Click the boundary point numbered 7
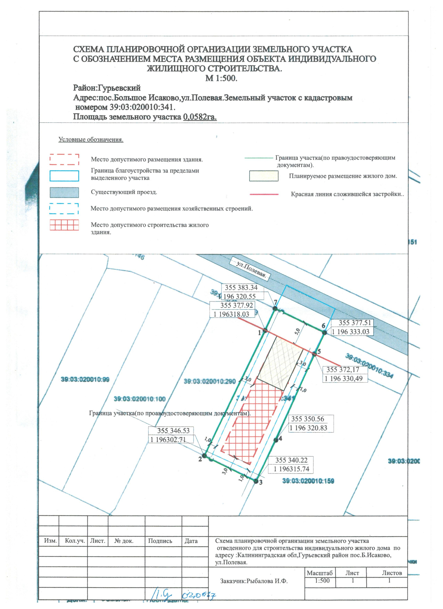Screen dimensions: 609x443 [275, 309]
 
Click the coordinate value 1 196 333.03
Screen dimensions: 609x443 [350, 332]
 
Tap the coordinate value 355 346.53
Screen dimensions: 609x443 [173, 431]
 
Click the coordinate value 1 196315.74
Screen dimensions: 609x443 [291, 469]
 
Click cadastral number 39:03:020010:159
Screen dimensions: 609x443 [308, 481]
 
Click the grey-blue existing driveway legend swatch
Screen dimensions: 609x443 [64, 193]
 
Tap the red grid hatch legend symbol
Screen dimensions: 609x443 [64, 225]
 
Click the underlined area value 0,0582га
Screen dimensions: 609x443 [200, 117]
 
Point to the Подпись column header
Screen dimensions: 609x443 [160, 541]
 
